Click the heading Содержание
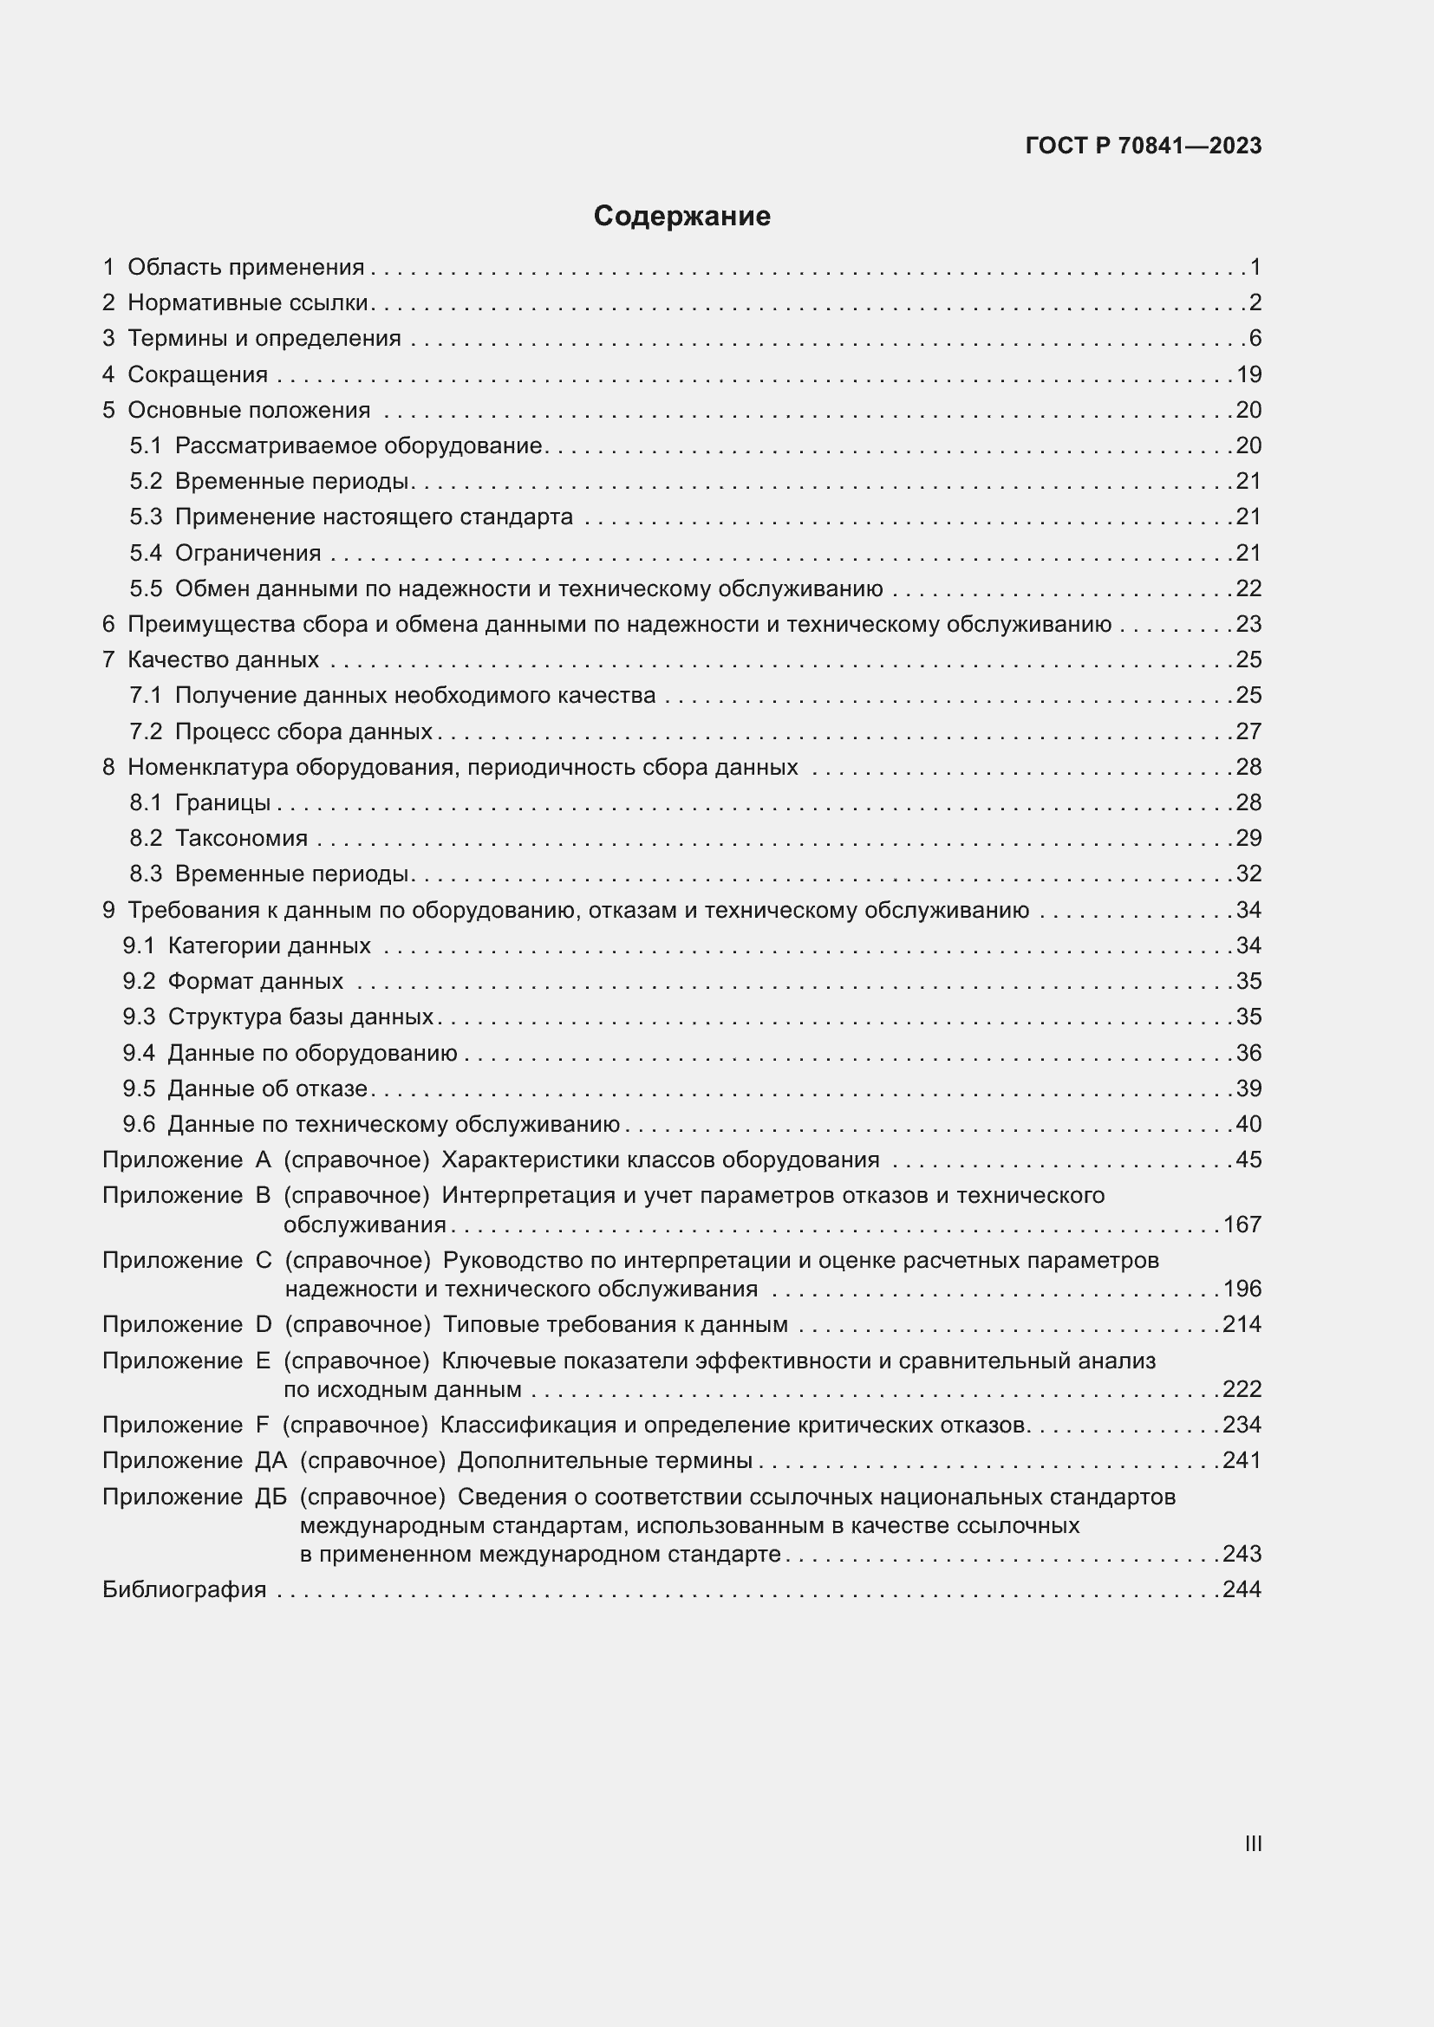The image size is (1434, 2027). pyautogui.click(x=681, y=217)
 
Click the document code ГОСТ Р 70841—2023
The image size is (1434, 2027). pyautogui.click(x=1144, y=146)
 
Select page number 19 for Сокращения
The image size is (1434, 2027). pyautogui.click(x=1248, y=374)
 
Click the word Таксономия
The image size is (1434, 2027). pyautogui.click(x=241, y=838)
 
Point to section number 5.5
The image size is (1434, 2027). pyautogui.click(x=146, y=588)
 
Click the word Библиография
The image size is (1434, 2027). pyautogui.click(x=184, y=1589)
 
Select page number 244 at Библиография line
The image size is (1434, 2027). pyautogui.click(x=1242, y=1589)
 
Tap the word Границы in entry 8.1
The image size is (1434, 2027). pyautogui.click(x=223, y=802)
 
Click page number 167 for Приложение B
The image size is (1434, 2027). pyautogui.click(x=1242, y=1225)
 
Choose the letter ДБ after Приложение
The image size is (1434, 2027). pyautogui.click(x=271, y=1497)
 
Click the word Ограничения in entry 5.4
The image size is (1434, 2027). pyautogui.click(x=248, y=553)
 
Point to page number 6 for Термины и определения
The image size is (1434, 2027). pyautogui.click(x=1255, y=338)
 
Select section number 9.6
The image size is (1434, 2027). pyautogui.click(x=139, y=1124)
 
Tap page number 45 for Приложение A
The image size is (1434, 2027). pyautogui.click(x=1248, y=1160)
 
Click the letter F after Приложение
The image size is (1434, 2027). pyautogui.click(x=261, y=1425)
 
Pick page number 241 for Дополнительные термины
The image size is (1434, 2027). pyautogui.click(x=1242, y=1460)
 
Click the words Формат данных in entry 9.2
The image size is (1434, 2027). pyautogui.click(x=255, y=981)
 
